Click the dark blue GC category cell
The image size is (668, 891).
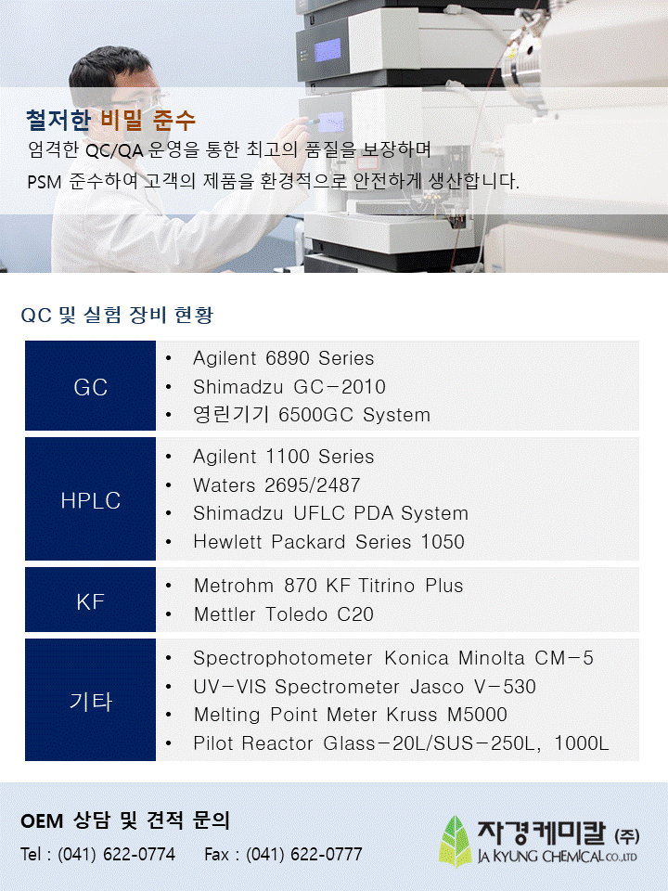click(90, 385)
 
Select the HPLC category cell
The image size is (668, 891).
click(90, 499)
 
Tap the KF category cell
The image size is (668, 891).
click(90, 600)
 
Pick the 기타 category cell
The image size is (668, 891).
click(90, 700)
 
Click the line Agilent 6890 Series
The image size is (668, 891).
click(284, 358)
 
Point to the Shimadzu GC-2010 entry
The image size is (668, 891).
click(289, 387)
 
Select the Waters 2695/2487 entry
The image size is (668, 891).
click(276, 485)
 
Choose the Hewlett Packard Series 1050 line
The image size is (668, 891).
click(328, 541)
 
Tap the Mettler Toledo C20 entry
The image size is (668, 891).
click(284, 614)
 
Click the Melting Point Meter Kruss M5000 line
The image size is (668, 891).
click(351, 715)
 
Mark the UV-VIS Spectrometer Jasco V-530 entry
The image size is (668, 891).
click(365, 687)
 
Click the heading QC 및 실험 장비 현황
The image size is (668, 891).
click(117, 315)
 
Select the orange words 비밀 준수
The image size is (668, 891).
click(148, 120)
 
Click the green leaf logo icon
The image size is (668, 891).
click(455, 842)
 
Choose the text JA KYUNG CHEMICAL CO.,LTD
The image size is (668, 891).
click(558, 856)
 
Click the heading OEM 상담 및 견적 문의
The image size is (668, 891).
click(125, 820)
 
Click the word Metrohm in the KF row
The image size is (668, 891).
click(234, 586)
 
